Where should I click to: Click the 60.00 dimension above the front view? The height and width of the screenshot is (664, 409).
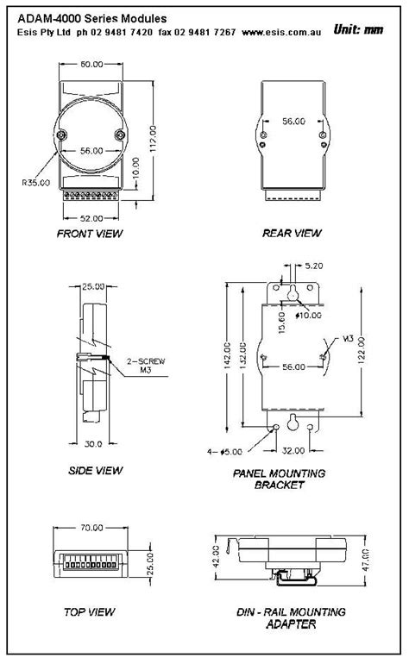pyautogui.click(x=91, y=64)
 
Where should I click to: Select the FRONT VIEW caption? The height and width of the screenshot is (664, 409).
pyautogui.click(x=90, y=234)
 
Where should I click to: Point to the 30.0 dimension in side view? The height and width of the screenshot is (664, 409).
pyautogui.click(x=93, y=443)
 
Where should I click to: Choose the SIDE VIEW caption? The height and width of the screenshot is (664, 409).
pyautogui.click(x=94, y=470)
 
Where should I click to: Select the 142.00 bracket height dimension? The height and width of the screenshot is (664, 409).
pyautogui.click(x=226, y=360)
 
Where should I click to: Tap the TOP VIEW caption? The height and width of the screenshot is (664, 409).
pyautogui.click(x=91, y=612)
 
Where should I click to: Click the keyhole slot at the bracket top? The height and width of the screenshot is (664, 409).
pyautogui.click(x=293, y=294)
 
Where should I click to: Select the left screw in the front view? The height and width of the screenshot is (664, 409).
pyautogui.click(x=62, y=134)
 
